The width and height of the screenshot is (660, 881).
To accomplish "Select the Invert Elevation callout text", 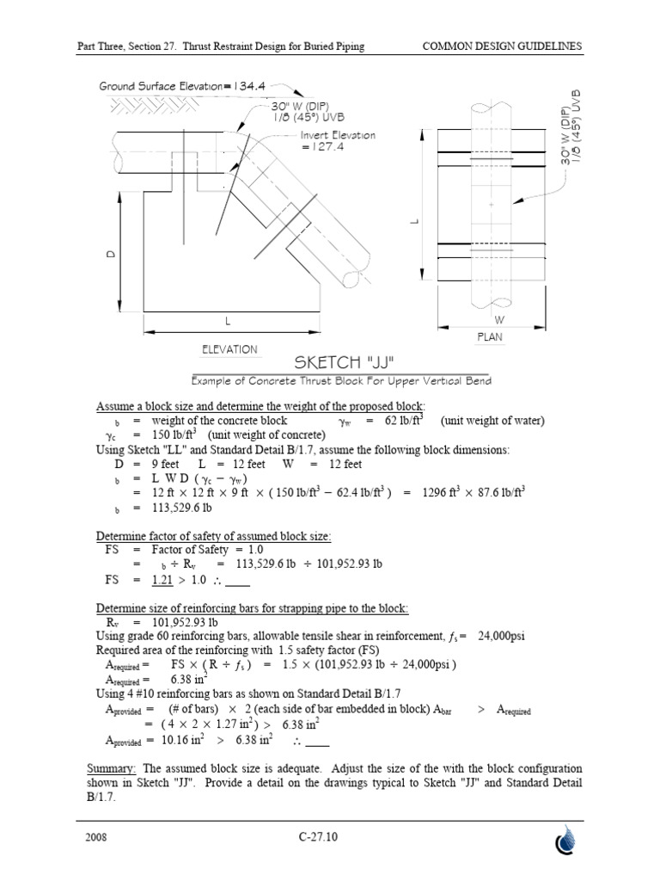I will click(338, 141).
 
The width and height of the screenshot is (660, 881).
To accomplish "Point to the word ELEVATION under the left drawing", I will click(229, 349).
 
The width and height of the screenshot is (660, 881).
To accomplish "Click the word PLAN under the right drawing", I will click(489, 338).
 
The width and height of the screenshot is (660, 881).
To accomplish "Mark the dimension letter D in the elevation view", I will click(112, 257).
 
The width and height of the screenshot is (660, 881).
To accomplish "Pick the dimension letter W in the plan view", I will click(500, 319).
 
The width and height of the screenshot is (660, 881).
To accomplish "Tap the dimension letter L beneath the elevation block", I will click(229, 320).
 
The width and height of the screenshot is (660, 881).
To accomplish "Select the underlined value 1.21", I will click(163, 580).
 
